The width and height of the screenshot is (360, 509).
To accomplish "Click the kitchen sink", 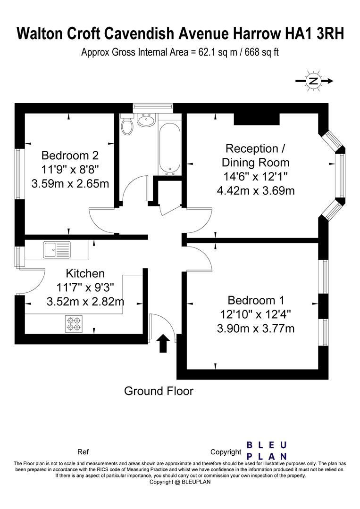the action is pyautogui.click(x=57, y=250).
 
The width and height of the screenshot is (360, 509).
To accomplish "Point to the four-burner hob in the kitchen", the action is pyautogui.click(x=74, y=324).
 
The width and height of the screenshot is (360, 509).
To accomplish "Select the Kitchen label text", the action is pyautogui.click(x=85, y=273).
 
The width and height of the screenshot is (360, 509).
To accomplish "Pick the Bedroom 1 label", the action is pyautogui.click(x=256, y=300).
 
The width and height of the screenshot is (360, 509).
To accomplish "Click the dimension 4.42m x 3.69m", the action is pyautogui.click(x=256, y=190).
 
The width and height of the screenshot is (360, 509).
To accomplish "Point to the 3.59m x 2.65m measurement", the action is pyautogui.click(x=70, y=184).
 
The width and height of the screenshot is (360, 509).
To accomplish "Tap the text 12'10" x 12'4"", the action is pyautogui.click(x=256, y=314).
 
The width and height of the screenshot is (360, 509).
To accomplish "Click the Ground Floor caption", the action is pyautogui.click(x=159, y=391).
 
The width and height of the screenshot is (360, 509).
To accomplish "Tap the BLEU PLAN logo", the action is pyautogui.click(x=267, y=451).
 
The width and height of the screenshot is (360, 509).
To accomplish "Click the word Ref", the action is pyautogui.click(x=83, y=452).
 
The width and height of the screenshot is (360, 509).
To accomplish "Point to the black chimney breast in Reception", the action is pyautogui.click(x=257, y=119).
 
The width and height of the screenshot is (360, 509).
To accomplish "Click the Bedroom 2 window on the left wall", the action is pyautogui.click(x=18, y=173).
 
